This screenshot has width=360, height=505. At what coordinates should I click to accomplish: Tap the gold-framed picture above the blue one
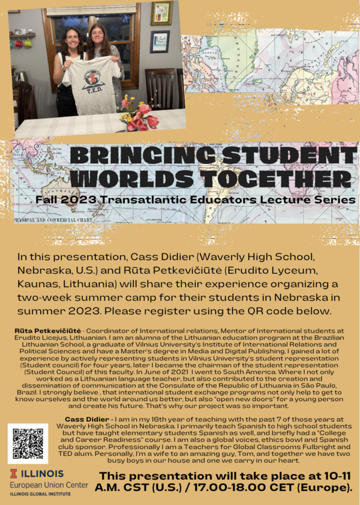(x=161, y=13)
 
